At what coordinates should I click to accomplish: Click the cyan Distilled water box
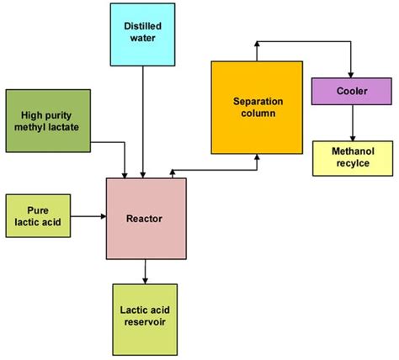[145, 33]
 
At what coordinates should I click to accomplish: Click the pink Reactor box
[146, 218]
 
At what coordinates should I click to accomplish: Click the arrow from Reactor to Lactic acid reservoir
[146, 271]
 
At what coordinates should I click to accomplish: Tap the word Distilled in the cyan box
[145, 27]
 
